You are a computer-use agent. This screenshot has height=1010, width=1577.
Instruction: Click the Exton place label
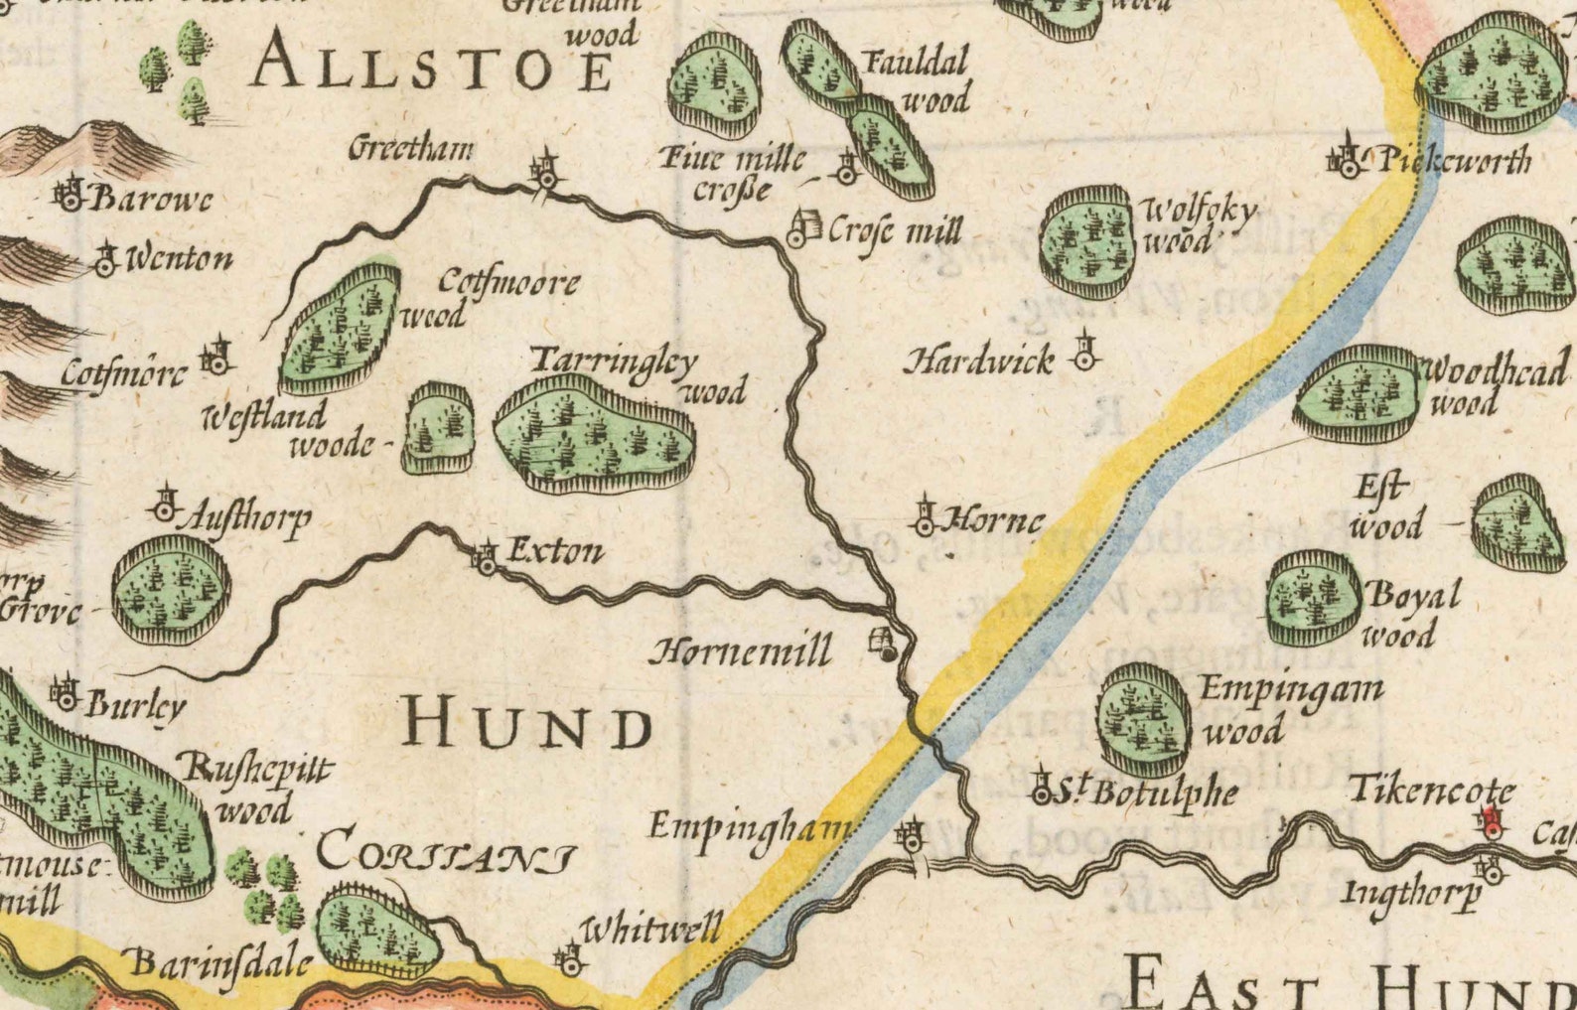554,551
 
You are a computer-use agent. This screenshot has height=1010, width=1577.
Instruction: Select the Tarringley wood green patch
594,435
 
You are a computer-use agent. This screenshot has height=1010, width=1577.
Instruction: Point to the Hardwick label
978,361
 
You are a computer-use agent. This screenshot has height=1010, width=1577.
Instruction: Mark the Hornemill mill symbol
883,644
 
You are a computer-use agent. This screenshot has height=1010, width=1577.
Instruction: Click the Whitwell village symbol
570,959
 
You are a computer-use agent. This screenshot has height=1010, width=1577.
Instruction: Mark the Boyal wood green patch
1313,597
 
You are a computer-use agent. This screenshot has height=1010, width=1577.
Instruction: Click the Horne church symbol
925,516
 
